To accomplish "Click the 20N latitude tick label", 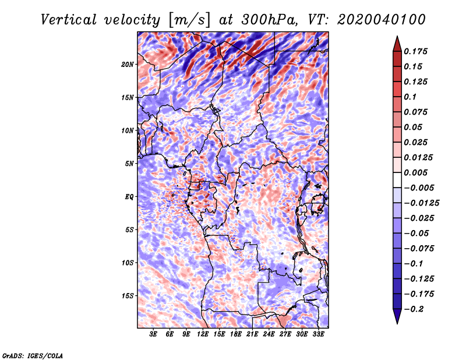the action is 128,65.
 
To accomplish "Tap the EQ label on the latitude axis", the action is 129,197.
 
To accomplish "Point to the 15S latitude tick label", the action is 128,296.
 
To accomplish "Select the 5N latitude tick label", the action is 129,164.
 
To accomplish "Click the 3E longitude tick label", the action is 153,334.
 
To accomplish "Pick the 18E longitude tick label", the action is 236,334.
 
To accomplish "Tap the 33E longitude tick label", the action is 318,334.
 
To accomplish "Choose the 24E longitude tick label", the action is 269,334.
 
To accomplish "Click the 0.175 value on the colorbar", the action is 415,51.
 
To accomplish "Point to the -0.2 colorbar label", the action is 414,309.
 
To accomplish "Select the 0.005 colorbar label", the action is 415,172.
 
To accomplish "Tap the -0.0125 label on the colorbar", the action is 421,203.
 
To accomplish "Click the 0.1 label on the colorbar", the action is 410,97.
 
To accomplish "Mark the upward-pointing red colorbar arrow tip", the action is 397,36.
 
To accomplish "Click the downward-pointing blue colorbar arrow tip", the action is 397,323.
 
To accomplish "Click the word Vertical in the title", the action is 69,20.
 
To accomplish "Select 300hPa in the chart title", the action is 269,20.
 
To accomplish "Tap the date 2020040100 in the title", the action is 382,20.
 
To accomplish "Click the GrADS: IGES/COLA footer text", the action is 33,356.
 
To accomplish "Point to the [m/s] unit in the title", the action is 189,20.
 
